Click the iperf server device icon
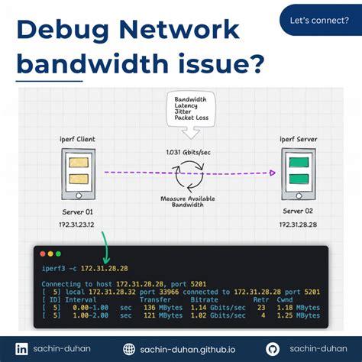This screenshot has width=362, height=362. (x=296, y=173)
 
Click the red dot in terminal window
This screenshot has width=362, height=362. (x=41, y=253)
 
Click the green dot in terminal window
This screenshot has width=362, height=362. (x=59, y=253)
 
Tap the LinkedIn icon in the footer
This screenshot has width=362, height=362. (x=21, y=348)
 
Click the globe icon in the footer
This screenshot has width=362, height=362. (x=129, y=348)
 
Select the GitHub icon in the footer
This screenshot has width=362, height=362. (x=273, y=348)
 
